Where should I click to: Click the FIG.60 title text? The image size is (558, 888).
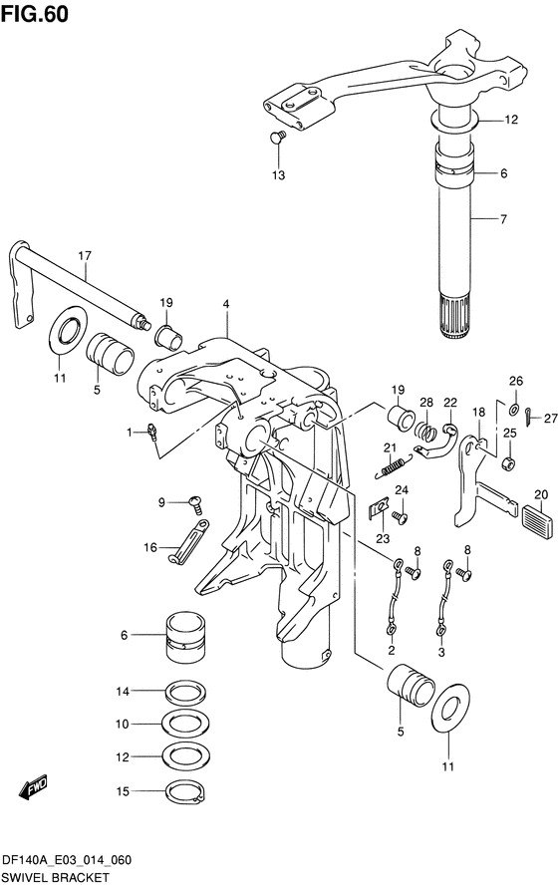click(x=35, y=14)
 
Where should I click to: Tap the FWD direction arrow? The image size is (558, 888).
click(x=34, y=786)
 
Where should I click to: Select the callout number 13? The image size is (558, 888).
click(x=279, y=175)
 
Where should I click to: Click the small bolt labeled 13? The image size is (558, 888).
click(x=277, y=137)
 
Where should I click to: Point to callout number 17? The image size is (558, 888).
click(x=85, y=256)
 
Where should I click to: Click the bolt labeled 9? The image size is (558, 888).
click(x=196, y=503)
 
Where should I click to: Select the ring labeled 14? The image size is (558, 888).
click(x=185, y=692)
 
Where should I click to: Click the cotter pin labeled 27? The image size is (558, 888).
click(x=528, y=418)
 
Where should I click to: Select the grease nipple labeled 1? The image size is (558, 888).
click(x=150, y=434)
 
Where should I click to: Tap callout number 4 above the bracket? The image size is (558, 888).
click(x=226, y=305)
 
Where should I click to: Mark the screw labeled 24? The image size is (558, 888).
click(x=401, y=517)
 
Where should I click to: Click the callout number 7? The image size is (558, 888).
click(x=503, y=218)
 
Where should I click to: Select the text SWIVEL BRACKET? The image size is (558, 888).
click(x=55, y=877)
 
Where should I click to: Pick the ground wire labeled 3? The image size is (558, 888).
click(x=443, y=596)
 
